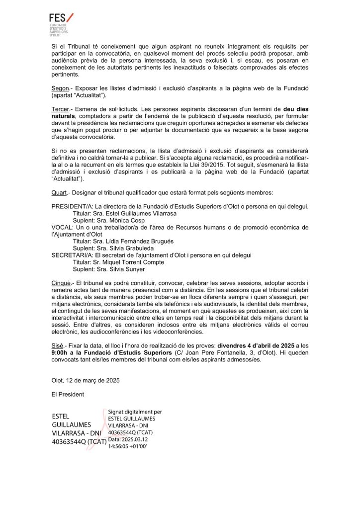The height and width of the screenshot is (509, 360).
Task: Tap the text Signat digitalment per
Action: click(135, 412)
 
